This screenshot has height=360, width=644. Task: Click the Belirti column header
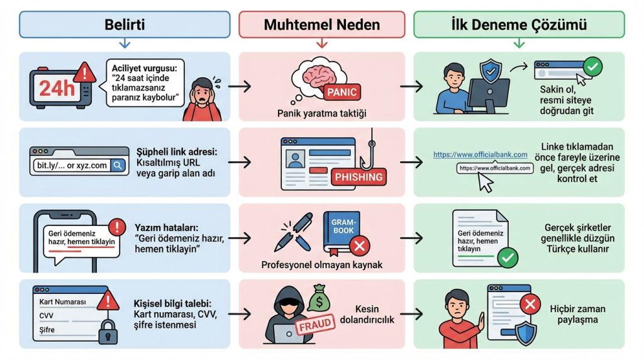(x=124, y=25)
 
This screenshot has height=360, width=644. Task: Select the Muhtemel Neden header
(x=321, y=25)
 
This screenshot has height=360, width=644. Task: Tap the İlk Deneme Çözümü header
(x=519, y=25)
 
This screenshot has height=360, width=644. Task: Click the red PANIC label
(x=341, y=93)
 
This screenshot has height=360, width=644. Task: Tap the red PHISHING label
(x=358, y=176)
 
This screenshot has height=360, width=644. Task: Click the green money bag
(x=319, y=298)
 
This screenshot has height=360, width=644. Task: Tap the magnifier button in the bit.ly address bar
(x=118, y=166)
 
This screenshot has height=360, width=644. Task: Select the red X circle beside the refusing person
(x=530, y=305)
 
